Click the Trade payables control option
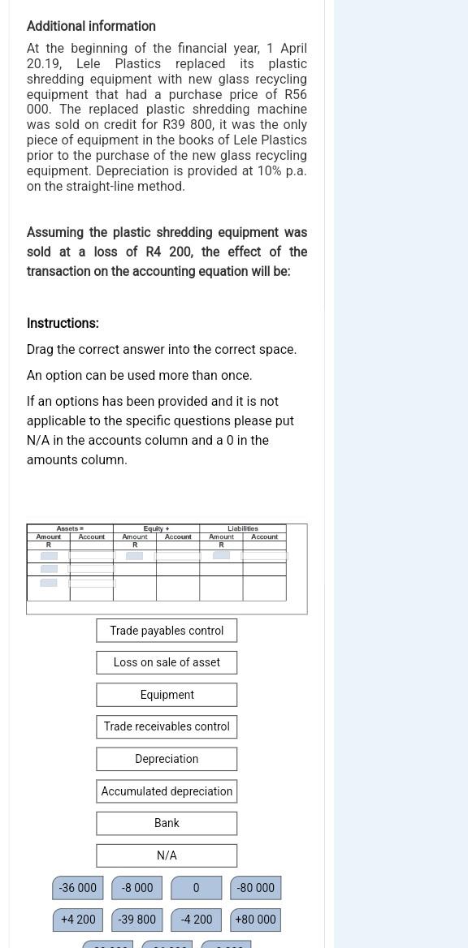tap(167, 631)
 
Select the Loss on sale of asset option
tap(167, 662)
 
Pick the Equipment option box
tap(167, 695)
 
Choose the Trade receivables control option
tap(167, 726)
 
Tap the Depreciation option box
tap(167, 759)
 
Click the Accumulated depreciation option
tap(167, 791)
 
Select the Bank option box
tap(167, 823)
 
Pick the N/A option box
tap(167, 855)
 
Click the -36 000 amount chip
tap(78, 888)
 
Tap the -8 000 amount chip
tap(137, 888)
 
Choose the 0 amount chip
tap(196, 888)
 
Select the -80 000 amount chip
tap(255, 888)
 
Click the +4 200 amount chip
tap(78, 920)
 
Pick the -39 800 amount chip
tap(137, 920)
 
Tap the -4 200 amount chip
tap(197, 920)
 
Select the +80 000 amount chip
tap(255, 920)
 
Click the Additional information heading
tap(91, 26)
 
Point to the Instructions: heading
tap(63, 323)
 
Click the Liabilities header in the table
tap(243, 528)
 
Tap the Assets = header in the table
tap(70, 528)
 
